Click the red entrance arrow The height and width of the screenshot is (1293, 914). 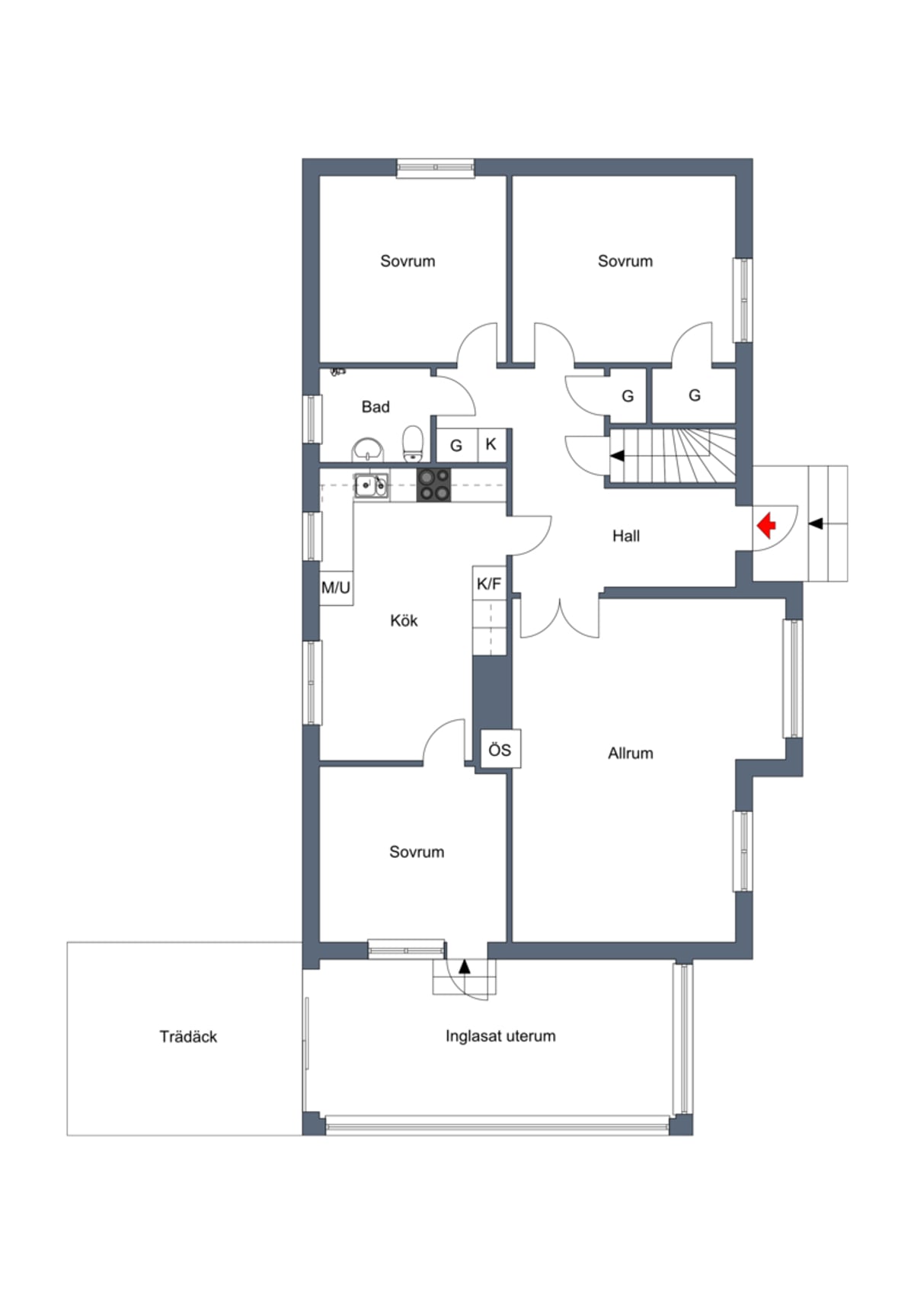[x=766, y=525]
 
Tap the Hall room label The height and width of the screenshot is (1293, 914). [x=625, y=536]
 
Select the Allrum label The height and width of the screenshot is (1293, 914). [x=630, y=754]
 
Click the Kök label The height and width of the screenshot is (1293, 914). [x=404, y=620]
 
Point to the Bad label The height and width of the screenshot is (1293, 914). [x=375, y=407]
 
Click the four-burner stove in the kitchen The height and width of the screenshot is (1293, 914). [x=434, y=485]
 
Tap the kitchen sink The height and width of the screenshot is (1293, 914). [x=371, y=485]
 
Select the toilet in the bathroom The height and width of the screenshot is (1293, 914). [x=412, y=443]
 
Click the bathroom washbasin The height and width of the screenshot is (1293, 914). [x=368, y=450]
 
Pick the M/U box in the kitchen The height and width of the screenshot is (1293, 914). [x=336, y=588]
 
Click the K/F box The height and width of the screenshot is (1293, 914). [x=489, y=584]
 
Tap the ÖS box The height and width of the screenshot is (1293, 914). [x=500, y=750]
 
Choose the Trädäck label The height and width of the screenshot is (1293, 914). [x=188, y=1037]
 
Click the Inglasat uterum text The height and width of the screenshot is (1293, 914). [x=500, y=1036]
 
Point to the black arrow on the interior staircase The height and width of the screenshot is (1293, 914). [x=617, y=456]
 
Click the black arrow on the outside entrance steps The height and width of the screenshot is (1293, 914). [x=815, y=524]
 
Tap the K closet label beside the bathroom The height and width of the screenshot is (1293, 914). [x=491, y=444]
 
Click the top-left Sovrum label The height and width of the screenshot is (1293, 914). [x=407, y=261]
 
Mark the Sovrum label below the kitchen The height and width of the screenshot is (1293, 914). [x=417, y=852]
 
